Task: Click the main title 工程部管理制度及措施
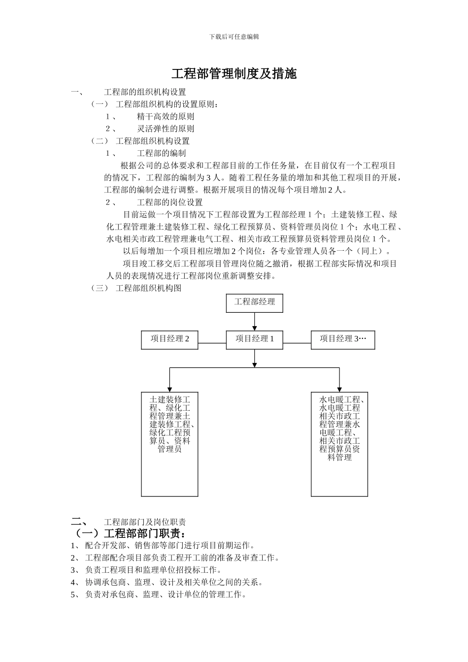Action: coord(234,74)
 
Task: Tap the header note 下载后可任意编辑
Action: coord(234,37)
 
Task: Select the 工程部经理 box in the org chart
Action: coord(254,302)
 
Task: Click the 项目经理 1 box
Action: coord(254,339)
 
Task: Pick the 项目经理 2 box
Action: coord(169,339)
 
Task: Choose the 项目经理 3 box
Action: coord(342,339)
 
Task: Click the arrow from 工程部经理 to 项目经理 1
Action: coord(254,321)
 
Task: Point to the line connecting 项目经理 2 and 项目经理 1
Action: coord(212,343)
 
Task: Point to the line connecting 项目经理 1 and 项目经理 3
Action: coord(297,343)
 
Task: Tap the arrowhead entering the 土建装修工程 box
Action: coord(169,389)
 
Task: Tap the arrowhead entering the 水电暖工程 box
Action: coord(339,389)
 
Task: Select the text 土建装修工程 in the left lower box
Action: coord(169,400)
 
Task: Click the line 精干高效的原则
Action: coord(166,117)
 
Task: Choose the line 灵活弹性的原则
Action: coord(166,129)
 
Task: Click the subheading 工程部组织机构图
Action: coord(148,288)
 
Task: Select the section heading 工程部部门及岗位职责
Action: coord(145,522)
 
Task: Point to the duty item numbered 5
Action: coord(166,595)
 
